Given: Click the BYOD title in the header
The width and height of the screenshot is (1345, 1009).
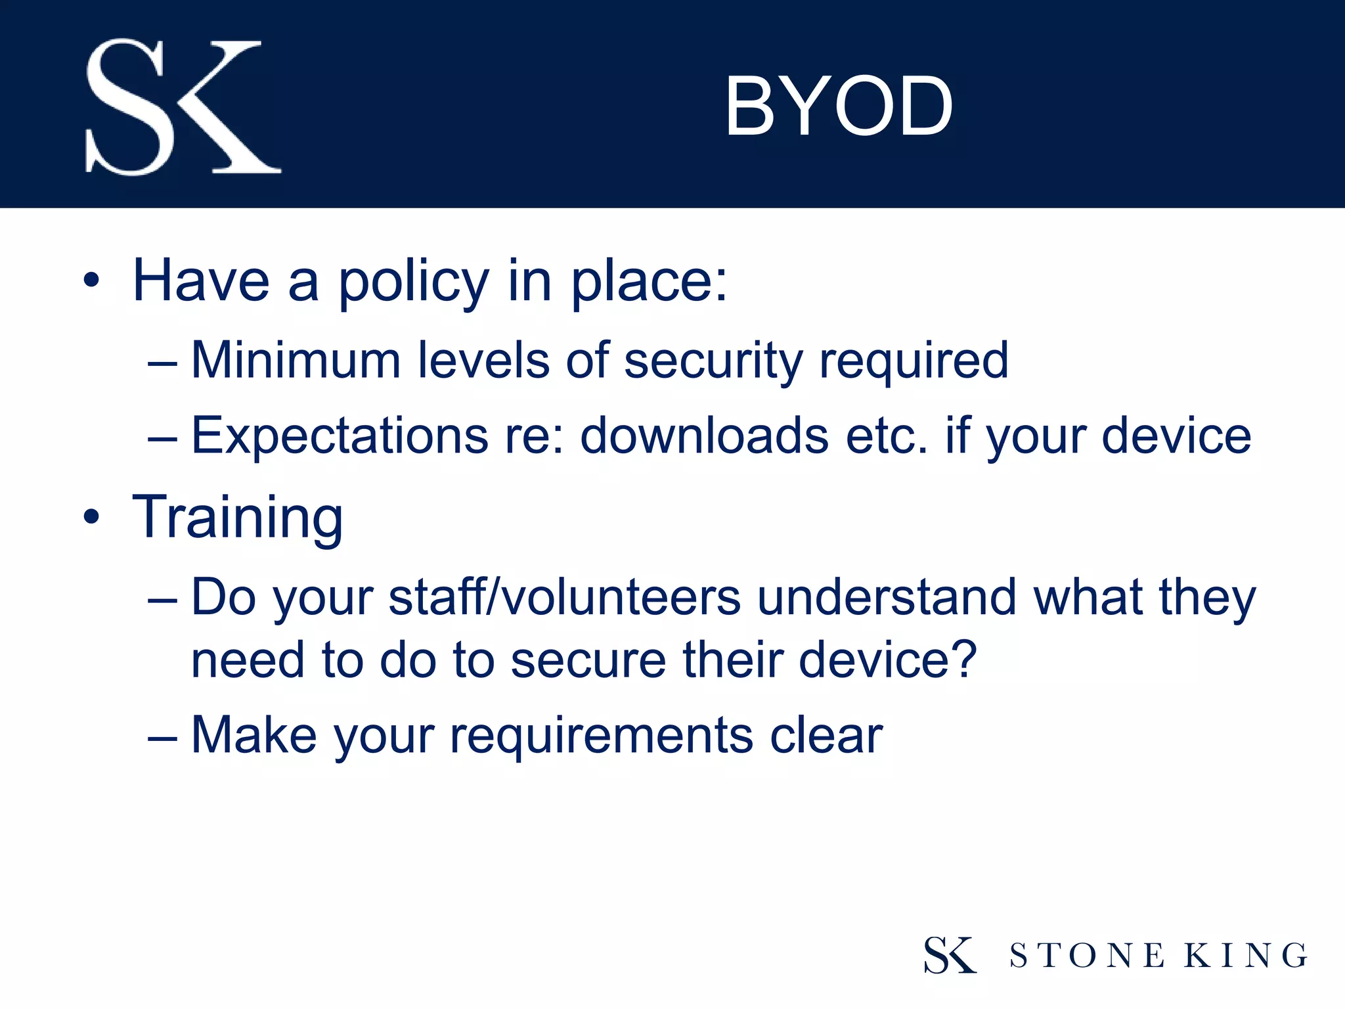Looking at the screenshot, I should pyautogui.click(x=839, y=106).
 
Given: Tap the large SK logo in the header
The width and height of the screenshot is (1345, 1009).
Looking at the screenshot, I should pyautogui.click(x=183, y=106).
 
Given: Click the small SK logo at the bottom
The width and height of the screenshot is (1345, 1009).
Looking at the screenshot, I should pyautogui.click(x=950, y=954).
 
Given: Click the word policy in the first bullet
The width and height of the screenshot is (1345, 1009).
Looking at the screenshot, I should pyautogui.click(x=414, y=282).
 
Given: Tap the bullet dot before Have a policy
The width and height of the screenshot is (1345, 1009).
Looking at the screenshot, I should pyautogui.click(x=91, y=281).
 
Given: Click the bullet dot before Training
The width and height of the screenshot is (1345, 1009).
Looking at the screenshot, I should pyautogui.click(x=91, y=517).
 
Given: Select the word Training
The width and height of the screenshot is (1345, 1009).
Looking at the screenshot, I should pyautogui.click(x=238, y=518).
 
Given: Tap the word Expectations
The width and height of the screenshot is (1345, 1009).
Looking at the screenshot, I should pyautogui.click(x=340, y=436).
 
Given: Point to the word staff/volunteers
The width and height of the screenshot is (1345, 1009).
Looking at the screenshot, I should pyautogui.click(x=565, y=597).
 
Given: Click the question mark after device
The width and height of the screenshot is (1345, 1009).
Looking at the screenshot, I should pyautogui.click(x=965, y=660).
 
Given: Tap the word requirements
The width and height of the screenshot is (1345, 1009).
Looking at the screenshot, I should pyautogui.click(x=601, y=736).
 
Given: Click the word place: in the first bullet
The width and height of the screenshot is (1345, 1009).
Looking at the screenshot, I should pyautogui.click(x=649, y=282).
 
